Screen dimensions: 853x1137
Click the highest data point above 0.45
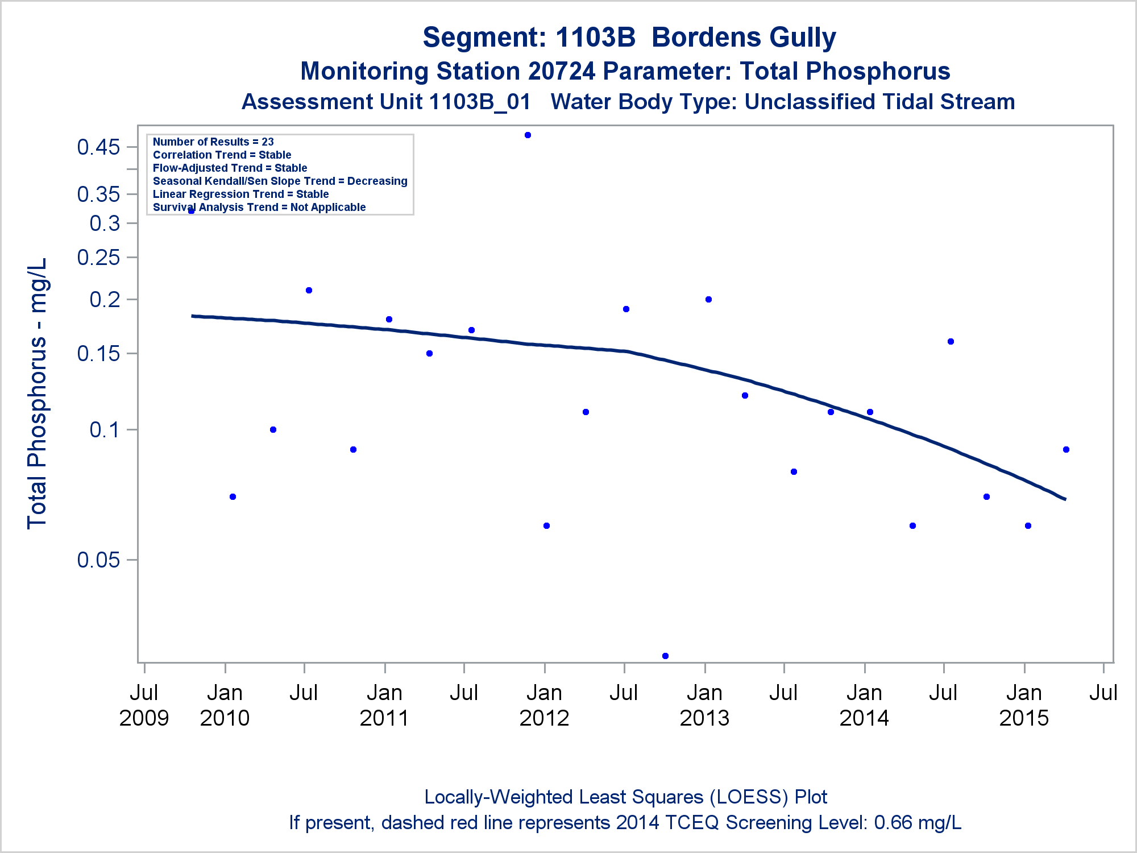click(x=528, y=135)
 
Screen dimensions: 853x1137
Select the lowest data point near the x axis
click(x=665, y=656)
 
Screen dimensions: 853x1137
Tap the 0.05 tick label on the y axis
click(x=99, y=560)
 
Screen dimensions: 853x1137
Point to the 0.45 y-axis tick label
click(x=99, y=147)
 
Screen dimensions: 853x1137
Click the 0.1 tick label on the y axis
click(x=105, y=430)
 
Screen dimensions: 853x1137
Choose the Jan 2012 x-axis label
click(x=544, y=705)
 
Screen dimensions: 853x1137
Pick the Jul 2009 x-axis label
click(x=144, y=705)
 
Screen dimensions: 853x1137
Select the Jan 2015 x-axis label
click(x=1024, y=705)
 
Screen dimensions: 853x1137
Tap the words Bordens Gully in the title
click(x=744, y=38)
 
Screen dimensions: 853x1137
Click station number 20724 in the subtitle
click(x=562, y=72)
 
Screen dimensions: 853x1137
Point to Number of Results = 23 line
click(x=213, y=142)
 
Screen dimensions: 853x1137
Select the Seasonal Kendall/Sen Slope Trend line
click(x=280, y=181)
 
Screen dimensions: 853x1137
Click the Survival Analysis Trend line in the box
click(x=259, y=207)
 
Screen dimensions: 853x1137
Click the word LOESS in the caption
click(x=749, y=797)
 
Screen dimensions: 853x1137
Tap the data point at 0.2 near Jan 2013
click(x=708, y=300)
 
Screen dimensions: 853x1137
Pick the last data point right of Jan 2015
click(x=1066, y=450)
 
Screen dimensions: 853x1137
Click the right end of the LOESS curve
click(x=1065, y=499)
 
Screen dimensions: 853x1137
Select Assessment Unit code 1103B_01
click(x=480, y=102)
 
